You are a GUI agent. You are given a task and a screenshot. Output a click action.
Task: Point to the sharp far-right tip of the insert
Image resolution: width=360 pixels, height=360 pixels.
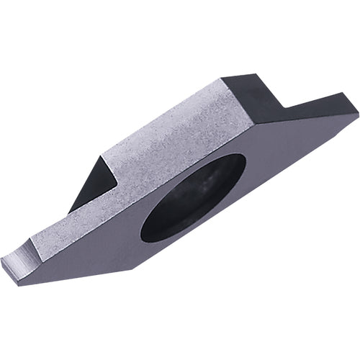tap(357, 112)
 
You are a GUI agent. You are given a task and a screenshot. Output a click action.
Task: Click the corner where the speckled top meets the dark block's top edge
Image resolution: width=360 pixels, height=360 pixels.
tap(220, 81)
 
